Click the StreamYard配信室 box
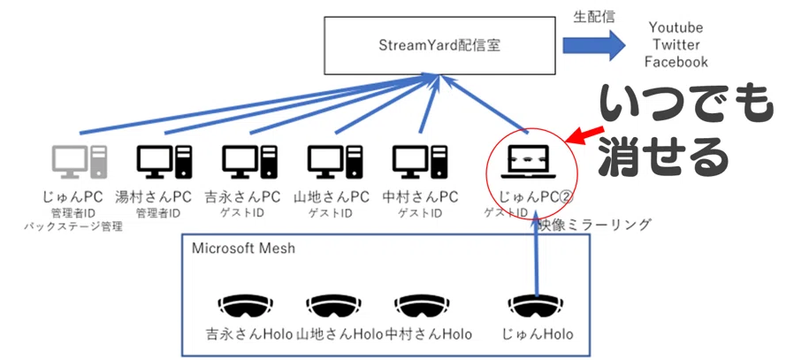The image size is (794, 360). click(439, 46)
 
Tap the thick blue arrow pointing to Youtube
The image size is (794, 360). click(594, 45)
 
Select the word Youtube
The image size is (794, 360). click(676, 27)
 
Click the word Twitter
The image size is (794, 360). click(676, 44)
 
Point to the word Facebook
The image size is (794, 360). click(676, 62)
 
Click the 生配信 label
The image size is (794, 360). click(594, 17)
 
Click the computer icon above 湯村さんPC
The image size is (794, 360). click(165, 162)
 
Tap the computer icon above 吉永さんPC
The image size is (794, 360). click(250, 162)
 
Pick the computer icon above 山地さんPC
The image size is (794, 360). click(335, 162)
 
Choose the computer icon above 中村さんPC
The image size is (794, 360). click(420, 162)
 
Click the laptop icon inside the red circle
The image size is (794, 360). click(529, 162)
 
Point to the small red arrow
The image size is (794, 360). click(584, 134)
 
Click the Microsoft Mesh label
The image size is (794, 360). click(243, 249)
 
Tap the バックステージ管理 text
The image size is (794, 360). click(73, 226)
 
